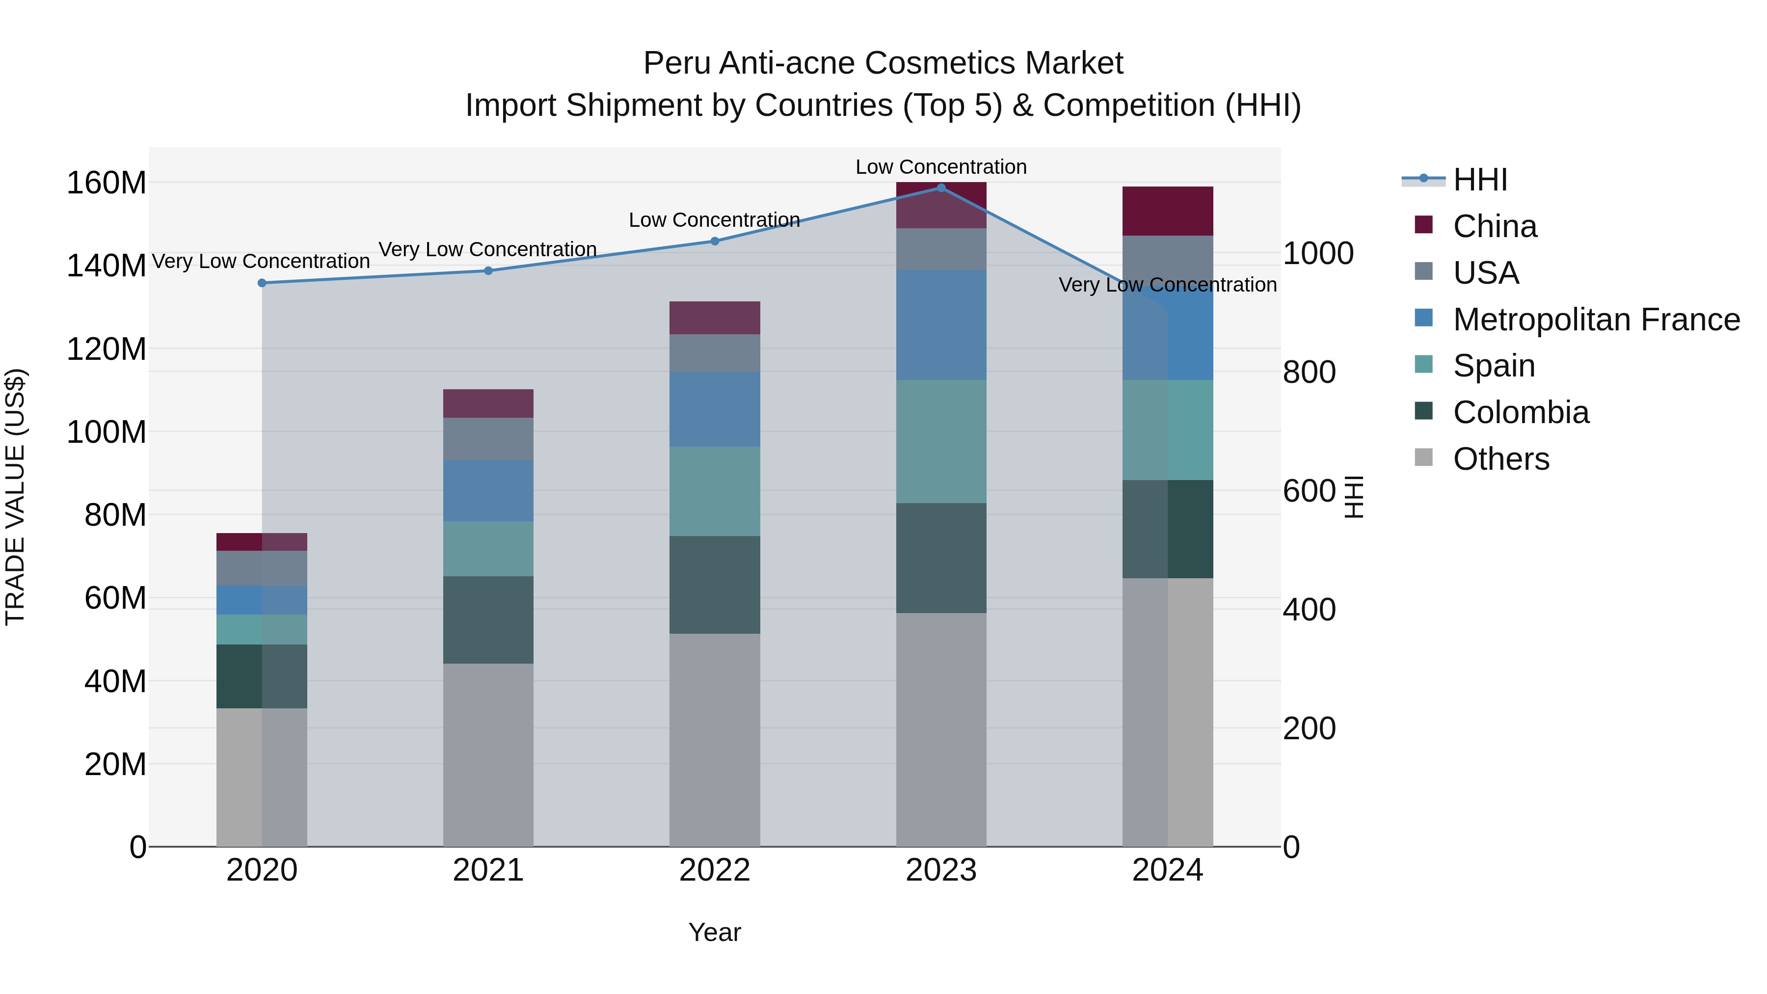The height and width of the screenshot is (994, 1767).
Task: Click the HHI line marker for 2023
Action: click(x=941, y=188)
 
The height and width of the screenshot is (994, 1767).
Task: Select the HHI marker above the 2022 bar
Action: click(x=715, y=241)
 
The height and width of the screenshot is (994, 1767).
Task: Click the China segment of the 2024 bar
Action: click(x=1168, y=211)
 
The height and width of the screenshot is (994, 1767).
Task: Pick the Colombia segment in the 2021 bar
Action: click(x=488, y=619)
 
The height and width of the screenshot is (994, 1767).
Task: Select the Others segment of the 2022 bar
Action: click(x=715, y=740)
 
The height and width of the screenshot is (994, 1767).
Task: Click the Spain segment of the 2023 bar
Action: click(x=941, y=441)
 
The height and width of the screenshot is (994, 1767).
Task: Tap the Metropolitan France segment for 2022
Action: click(x=715, y=409)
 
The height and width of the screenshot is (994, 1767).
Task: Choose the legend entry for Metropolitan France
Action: click(x=1596, y=319)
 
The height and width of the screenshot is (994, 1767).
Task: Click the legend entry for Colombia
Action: click(x=1520, y=412)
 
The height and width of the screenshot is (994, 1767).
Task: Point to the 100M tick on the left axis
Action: click(x=107, y=432)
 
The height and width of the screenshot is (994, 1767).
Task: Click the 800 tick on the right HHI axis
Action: click(x=1309, y=373)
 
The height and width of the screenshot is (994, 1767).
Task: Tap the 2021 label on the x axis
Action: click(x=488, y=870)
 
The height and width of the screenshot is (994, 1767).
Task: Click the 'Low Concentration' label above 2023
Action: click(x=940, y=167)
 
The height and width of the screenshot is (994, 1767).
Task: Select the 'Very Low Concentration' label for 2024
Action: click(x=1168, y=285)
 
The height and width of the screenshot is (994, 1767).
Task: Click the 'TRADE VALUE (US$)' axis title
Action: click(x=15, y=497)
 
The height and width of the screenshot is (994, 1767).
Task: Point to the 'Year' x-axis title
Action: click(x=714, y=932)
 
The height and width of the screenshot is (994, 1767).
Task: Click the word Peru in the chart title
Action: click(x=676, y=64)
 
